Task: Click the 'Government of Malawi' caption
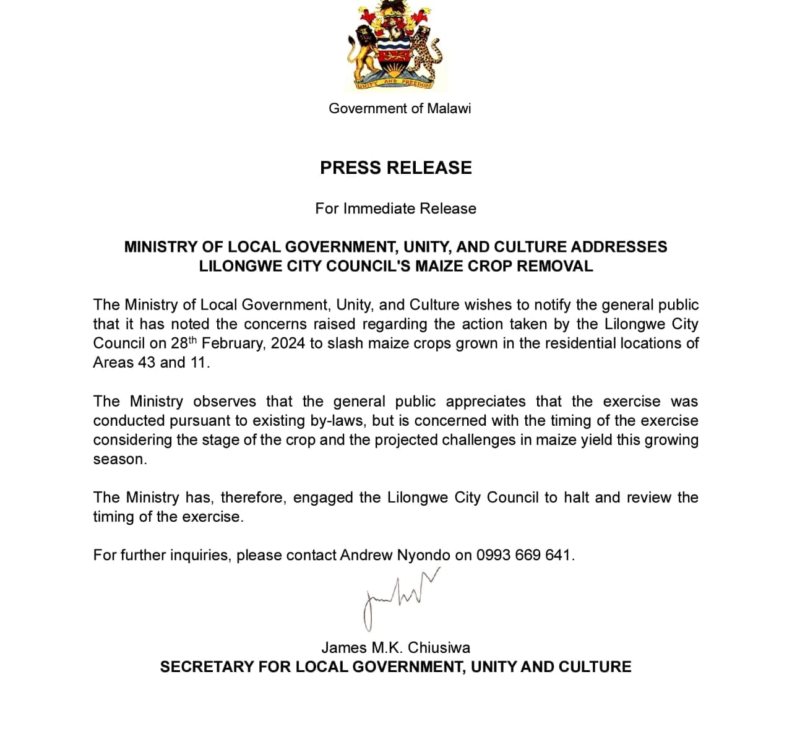[x=400, y=108]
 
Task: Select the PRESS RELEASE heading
[x=396, y=168]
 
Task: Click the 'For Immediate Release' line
[x=396, y=209]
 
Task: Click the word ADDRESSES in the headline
[x=619, y=247]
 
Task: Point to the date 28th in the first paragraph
[x=183, y=343]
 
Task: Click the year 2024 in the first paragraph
[x=288, y=343]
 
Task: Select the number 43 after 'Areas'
[x=147, y=363]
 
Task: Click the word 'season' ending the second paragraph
[x=119, y=459]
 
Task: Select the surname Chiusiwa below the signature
[x=439, y=648]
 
